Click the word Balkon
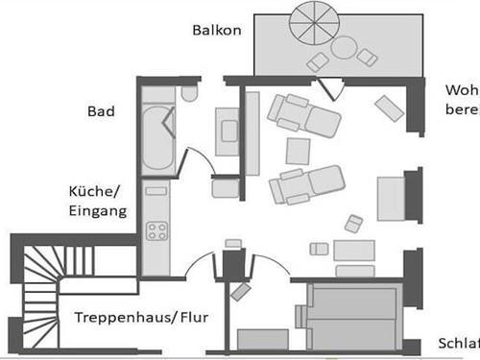pyautogui.click(x=216, y=30)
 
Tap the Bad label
pyautogui.click(x=101, y=112)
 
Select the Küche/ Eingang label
pyautogui.click(x=97, y=200)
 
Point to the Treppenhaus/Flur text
pyautogui.click(x=142, y=317)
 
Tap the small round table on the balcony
pyautogui.click(x=344, y=48)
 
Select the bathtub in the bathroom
pyautogui.click(x=156, y=139)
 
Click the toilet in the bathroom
pyautogui.click(x=188, y=93)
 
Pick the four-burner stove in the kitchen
pyautogui.click(x=156, y=230)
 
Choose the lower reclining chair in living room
pyautogui.click(x=306, y=183)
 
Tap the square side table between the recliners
pyautogui.click(x=299, y=151)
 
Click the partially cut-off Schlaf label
pyautogui.click(x=458, y=344)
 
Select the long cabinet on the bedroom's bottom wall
pyautogui.click(x=263, y=339)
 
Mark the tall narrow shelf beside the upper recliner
pyautogui.click(x=253, y=132)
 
